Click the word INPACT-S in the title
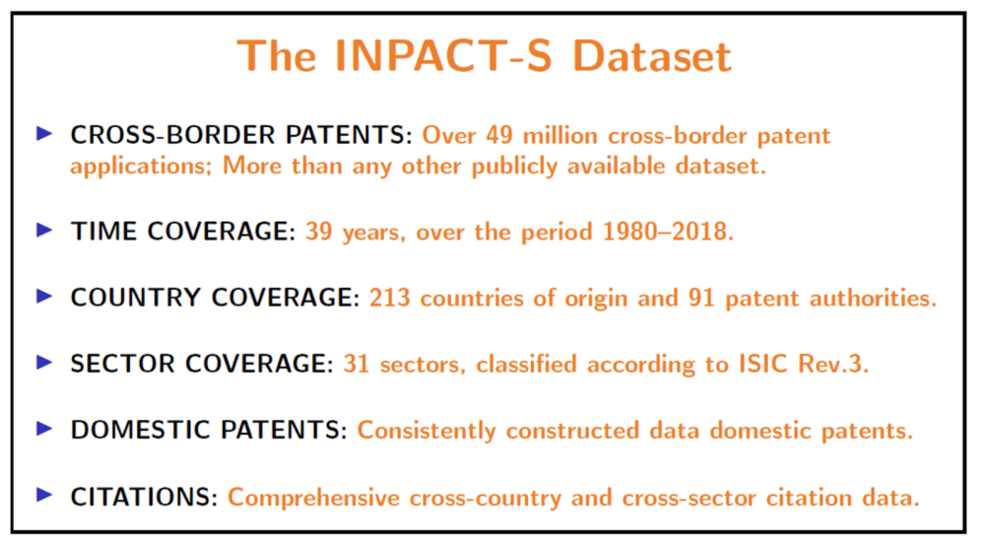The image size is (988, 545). coord(443,56)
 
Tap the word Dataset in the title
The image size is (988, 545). coord(652,56)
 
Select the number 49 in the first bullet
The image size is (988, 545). coord(499,135)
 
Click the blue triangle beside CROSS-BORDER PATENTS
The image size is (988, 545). coord(44,134)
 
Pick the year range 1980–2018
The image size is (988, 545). coord(668,232)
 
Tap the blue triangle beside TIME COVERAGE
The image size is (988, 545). coord(44,230)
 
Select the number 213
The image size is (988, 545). coord(389,298)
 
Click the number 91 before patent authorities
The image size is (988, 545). coord(700,298)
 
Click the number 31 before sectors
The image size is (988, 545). coord(356,365)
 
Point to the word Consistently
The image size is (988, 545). coord(427,431)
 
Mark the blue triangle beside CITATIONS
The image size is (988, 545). coord(44,495)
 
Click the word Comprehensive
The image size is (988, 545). coord(313,498)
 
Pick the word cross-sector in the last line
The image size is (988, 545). coord(689,498)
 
